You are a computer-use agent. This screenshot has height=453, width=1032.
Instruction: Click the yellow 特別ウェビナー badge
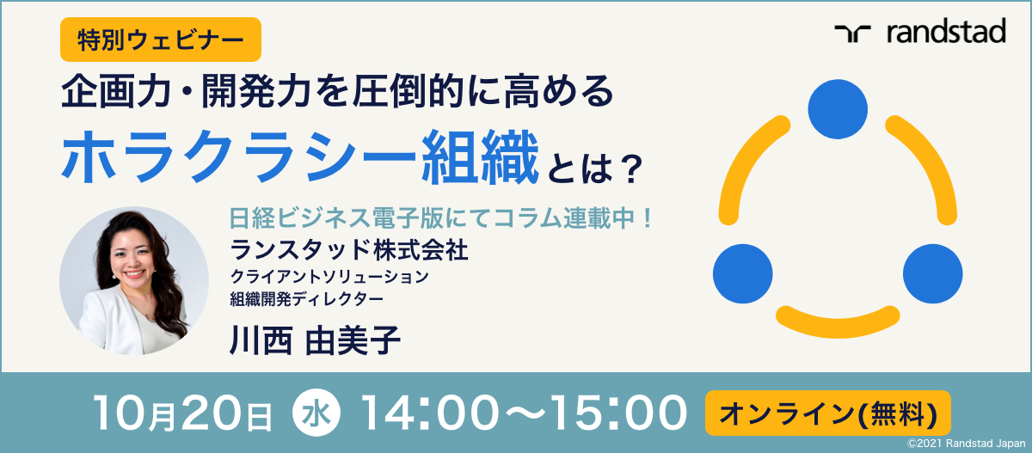tap(161, 40)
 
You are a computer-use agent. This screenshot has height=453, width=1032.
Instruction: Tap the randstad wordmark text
tap(946, 31)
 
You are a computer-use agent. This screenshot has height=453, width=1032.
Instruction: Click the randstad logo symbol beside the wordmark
tap(852, 34)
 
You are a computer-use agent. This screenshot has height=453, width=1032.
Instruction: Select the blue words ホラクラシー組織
tap(300, 156)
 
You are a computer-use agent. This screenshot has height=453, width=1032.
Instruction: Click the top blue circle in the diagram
tap(838, 109)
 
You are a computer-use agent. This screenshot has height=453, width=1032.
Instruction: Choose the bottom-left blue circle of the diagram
tap(743, 274)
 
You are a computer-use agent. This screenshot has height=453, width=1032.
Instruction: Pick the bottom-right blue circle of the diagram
tap(932, 274)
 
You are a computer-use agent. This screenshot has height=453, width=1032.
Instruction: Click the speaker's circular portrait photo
tap(134, 280)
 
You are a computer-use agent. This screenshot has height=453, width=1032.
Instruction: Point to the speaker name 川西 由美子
tap(315, 340)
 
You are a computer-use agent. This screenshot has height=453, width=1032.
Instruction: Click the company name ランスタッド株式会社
tap(349, 250)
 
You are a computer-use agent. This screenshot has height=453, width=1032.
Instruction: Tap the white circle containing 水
tap(316, 412)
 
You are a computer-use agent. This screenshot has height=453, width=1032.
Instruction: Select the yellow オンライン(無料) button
tap(828, 413)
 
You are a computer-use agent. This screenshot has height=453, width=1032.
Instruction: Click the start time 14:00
tap(430, 413)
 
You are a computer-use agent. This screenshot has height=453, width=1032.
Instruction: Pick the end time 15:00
tap(618, 413)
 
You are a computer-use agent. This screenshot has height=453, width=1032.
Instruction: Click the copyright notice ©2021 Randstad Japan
tap(966, 444)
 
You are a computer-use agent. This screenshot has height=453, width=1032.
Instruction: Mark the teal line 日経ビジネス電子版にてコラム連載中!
tap(440, 217)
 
